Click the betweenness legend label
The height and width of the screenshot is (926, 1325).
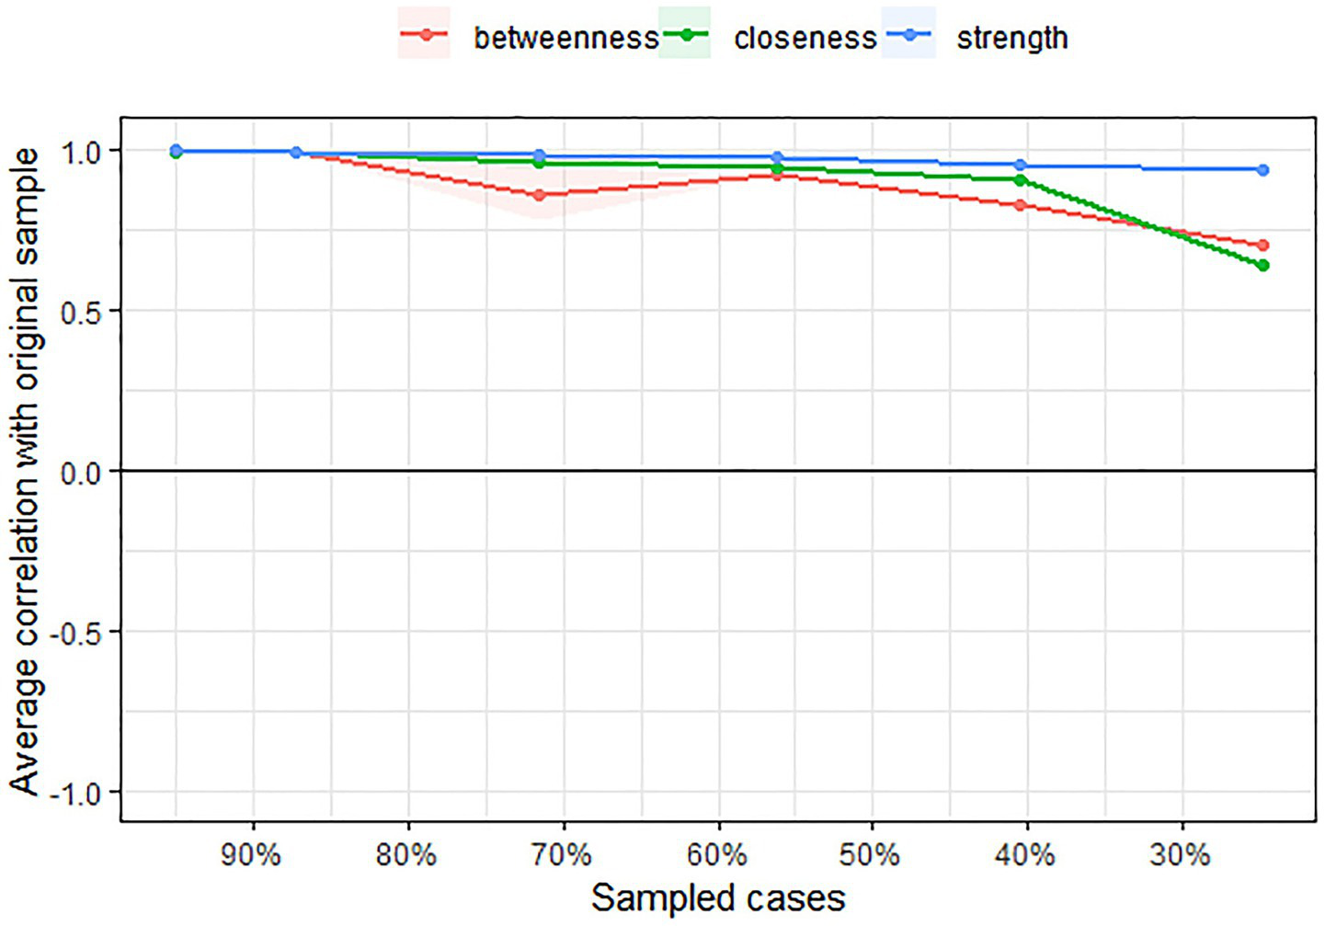[565, 38]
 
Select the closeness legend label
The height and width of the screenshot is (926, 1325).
[805, 38]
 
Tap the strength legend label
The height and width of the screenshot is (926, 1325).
[1012, 38]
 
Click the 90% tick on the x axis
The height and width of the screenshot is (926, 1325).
[251, 855]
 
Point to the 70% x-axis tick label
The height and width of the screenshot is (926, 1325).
[562, 855]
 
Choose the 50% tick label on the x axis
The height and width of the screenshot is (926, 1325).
[870, 855]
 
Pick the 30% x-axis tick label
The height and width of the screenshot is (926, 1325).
[1181, 855]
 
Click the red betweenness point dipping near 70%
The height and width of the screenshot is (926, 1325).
[540, 195]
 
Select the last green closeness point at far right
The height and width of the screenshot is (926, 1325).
[1263, 266]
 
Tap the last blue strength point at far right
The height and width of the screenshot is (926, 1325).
[1263, 170]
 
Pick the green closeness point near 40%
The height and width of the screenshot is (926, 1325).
[1021, 180]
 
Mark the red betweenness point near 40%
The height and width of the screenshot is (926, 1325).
[1021, 205]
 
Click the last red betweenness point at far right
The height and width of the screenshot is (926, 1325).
[1263, 246]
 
